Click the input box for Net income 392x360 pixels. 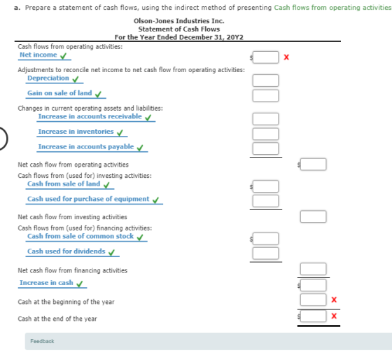tap(265, 57)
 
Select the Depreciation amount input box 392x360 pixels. tap(265, 81)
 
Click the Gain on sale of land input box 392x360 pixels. tap(265, 95)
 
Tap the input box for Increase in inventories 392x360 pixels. tap(265, 134)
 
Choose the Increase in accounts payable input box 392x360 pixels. tap(265, 148)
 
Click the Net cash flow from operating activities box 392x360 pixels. tap(314, 165)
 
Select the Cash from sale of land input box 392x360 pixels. tap(265, 186)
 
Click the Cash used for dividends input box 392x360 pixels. tap(265, 253)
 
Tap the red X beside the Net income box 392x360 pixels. tap(286, 57)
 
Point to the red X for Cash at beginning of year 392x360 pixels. tap(334, 300)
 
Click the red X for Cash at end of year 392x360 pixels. tap(334, 316)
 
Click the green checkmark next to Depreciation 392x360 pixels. tap(76, 79)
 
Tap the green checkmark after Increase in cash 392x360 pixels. tap(80, 284)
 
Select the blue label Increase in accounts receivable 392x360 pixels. tap(90, 116)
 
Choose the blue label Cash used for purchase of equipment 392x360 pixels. tap(88, 199)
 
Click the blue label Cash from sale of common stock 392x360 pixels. tap(80, 236)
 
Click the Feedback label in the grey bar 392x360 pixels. tap(42, 341)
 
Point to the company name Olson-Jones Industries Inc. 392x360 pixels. tap(179, 21)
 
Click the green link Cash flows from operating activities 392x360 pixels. tap(332, 8)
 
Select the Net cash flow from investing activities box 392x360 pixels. tap(314, 216)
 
